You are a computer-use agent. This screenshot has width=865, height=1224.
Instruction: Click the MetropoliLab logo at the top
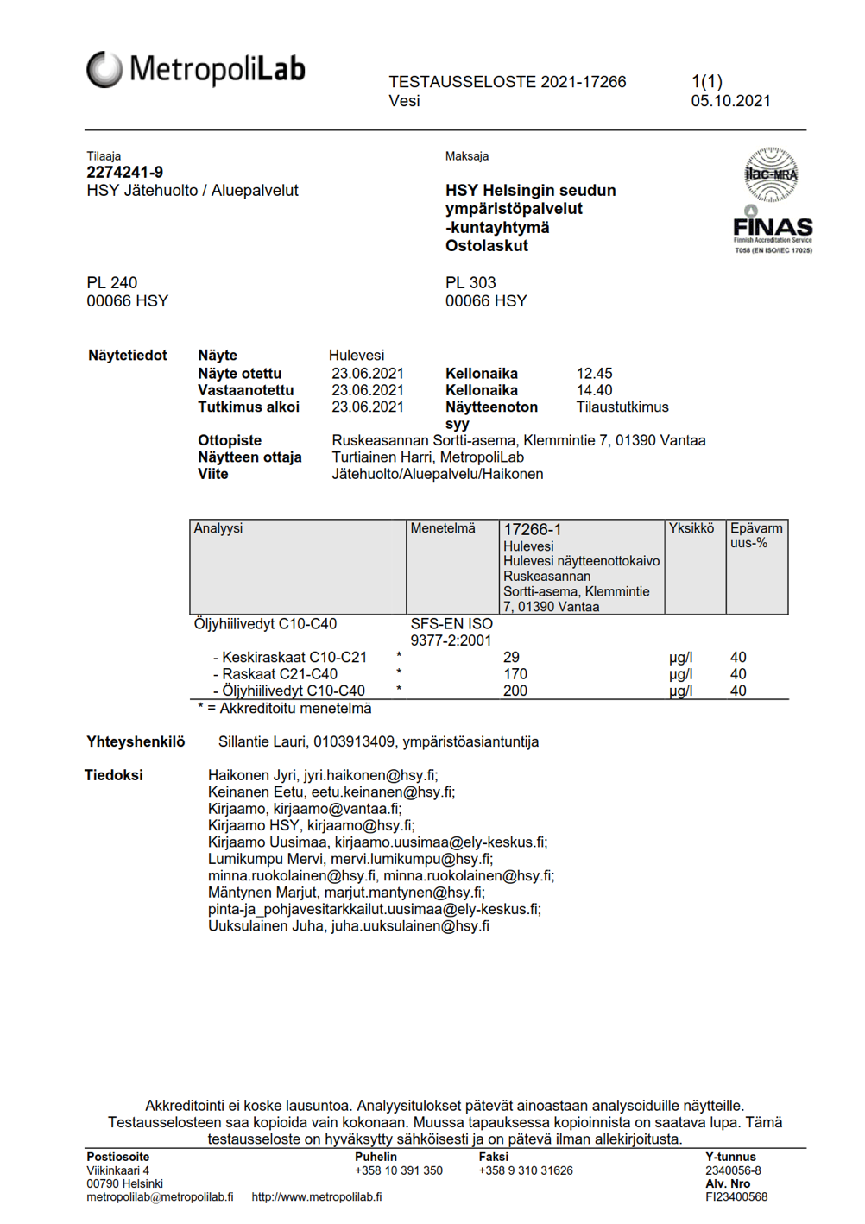click(x=196, y=69)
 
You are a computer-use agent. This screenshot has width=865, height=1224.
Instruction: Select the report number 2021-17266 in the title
click(x=583, y=82)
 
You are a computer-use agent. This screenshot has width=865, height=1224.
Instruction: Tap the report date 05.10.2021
click(x=730, y=101)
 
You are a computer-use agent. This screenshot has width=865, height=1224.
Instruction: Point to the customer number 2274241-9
click(x=124, y=173)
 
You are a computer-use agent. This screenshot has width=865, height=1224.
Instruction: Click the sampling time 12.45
click(x=594, y=374)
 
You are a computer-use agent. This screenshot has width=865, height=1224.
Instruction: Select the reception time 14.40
click(x=594, y=390)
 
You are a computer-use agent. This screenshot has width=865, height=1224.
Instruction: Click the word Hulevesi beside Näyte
click(x=357, y=356)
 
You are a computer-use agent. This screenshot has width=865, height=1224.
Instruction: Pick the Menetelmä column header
click(x=443, y=528)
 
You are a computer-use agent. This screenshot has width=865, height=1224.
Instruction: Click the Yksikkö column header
click(x=691, y=528)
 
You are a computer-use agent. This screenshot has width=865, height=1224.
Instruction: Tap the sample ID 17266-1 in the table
click(x=532, y=530)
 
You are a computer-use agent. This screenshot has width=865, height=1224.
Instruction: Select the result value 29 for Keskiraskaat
click(x=511, y=658)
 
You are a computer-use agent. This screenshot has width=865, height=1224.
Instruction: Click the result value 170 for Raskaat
click(x=515, y=674)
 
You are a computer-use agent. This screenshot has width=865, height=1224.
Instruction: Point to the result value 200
click(x=515, y=691)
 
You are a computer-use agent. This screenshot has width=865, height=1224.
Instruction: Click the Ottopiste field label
click(x=230, y=440)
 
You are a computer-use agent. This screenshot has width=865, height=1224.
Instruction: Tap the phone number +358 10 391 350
click(x=398, y=1170)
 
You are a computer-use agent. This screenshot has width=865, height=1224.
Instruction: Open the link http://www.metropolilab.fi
click(x=316, y=1197)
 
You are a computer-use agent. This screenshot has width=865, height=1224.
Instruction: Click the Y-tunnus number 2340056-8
click(x=733, y=1170)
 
